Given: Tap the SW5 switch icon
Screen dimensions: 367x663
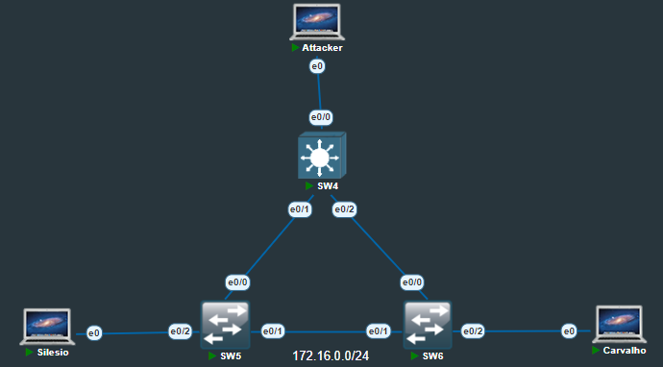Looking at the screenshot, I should [225, 327].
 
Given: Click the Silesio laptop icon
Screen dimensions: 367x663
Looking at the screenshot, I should [47, 327].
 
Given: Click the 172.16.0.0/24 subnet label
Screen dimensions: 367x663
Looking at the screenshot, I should [331, 355].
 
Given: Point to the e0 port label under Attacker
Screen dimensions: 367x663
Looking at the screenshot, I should [317, 66].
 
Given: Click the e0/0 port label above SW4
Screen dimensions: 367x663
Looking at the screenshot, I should [320, 117].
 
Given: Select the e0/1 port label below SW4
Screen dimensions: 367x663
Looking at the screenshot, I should [301, 208].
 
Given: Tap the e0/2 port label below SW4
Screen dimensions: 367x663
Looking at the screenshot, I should [344, 208].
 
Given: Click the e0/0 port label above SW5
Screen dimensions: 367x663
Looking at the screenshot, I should [237, 282].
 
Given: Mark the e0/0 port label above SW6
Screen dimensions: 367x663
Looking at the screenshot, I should [412, 282].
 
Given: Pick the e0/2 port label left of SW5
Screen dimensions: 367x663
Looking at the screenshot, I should [181, 331].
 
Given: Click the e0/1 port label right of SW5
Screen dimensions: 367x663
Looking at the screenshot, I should [274, 331].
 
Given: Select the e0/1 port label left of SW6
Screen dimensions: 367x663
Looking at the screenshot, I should [380, 331].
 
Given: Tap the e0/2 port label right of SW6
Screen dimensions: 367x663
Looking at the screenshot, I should [473, 331].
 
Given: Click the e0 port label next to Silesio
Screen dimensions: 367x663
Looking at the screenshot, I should [94, 333].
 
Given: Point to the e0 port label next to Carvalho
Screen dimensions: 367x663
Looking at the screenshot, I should [569, 331].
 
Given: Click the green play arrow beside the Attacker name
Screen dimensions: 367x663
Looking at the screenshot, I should [296, 47].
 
